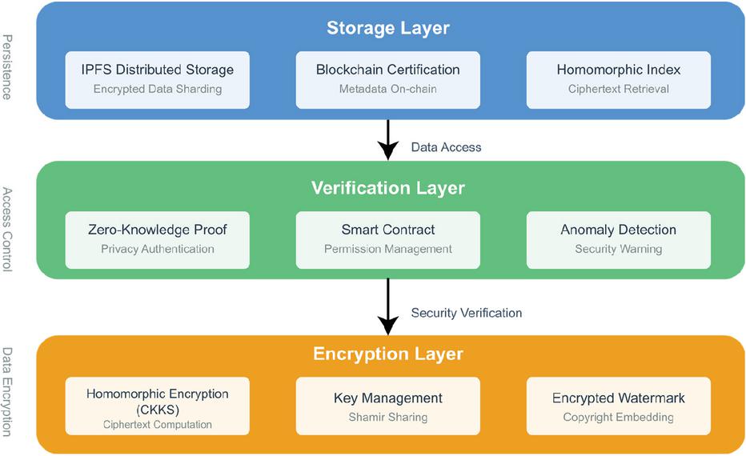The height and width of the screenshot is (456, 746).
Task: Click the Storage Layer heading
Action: [x=388, y=28]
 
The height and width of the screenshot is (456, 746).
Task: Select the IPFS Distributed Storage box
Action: [x=158, y=79]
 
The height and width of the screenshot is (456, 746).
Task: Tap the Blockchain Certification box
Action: [x=388, y=79]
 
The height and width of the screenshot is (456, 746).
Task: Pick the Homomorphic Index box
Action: [x=618, y=79]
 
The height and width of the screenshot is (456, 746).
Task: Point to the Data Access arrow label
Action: [x=446, y=147]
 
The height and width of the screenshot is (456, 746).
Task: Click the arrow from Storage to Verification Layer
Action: [x=388, y=140]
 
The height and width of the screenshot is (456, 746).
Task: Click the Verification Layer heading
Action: [x=388, y=188]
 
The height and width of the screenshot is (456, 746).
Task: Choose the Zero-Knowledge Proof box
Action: [x=158, y=238]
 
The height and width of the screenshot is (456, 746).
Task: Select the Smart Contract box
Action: [x=388, y=238]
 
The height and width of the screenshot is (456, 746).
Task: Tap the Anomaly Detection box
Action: [x=618, y=238]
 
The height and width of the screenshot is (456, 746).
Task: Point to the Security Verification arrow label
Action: [x=466, y=313]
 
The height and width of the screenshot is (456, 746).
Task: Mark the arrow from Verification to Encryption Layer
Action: [x=388, y=306]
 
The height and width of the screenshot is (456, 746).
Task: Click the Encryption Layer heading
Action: [x=388, y=354]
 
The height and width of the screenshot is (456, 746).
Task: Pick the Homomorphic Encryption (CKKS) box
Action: [x=158, y=406]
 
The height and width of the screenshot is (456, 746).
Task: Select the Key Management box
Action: [x=388, y=406]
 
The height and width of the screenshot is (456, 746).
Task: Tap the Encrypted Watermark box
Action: [x=618, y=406]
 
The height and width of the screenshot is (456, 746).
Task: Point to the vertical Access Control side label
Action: [x=7, y=230]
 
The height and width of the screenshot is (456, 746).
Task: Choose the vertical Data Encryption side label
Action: [x=7, y=392]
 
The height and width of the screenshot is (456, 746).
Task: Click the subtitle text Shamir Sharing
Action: [x=388, y=417]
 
